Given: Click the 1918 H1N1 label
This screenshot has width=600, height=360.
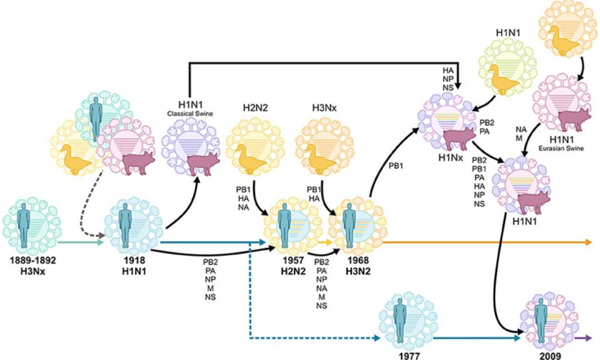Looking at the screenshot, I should (x=132, y=266).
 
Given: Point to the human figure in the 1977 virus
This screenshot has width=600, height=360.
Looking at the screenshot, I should (x=400, y=317).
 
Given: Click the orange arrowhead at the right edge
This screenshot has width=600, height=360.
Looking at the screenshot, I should (x=590, y=242).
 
